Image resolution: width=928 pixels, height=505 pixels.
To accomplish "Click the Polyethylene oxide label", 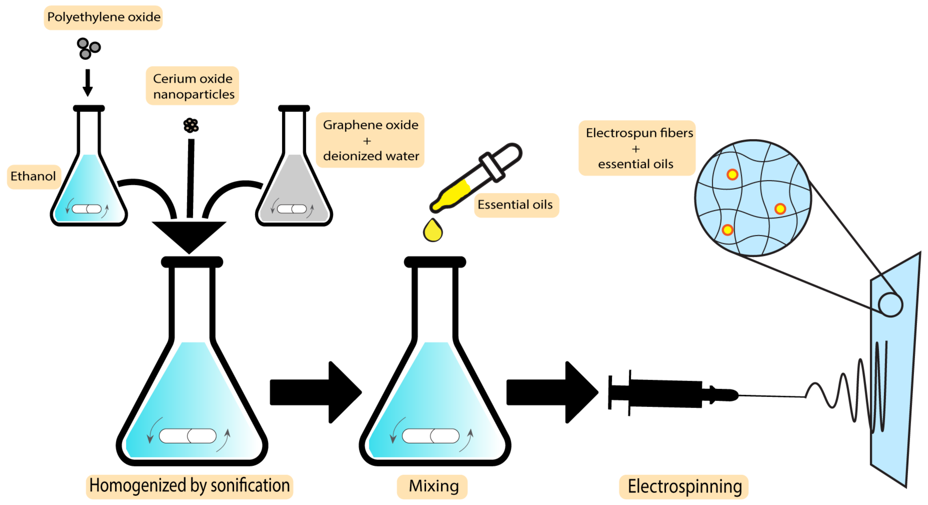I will tap(103, 17).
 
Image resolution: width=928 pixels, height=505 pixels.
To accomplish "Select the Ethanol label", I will tap(33, 176).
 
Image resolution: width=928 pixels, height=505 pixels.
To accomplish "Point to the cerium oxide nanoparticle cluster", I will tap(191, 125).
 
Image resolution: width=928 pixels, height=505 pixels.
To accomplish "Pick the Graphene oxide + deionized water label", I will tap(370, 140).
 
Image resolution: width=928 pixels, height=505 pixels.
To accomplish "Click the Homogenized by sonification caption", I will tap(190, 486).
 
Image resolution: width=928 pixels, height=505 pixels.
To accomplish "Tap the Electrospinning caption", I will tap(684, 487).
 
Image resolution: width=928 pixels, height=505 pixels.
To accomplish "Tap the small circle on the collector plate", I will tap(890, 305).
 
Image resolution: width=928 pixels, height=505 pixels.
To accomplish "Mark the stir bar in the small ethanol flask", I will tap(87, 209).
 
